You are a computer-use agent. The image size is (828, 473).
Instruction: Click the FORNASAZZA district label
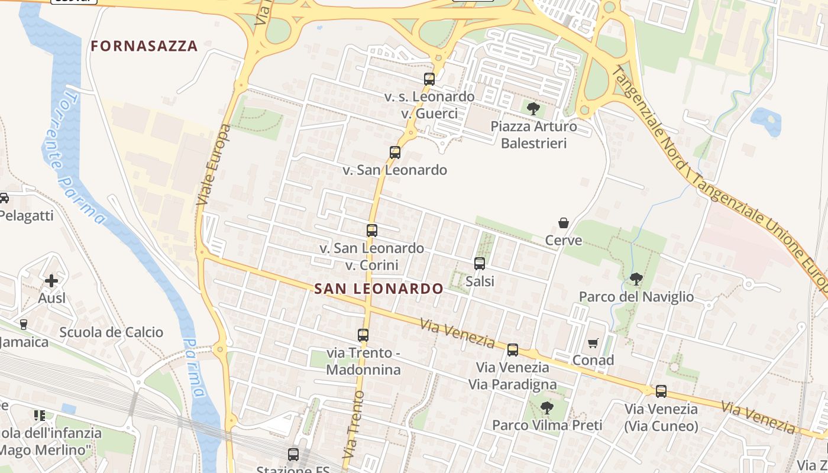[x=144, y=46]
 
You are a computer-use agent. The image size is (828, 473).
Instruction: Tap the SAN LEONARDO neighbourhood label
[x=379, y=289]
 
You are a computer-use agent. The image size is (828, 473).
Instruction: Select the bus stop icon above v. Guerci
[x=429, y=79]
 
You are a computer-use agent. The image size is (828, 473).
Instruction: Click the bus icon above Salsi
[x=480, y=263]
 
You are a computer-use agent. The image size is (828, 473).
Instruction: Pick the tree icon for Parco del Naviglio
[x=636, y=278]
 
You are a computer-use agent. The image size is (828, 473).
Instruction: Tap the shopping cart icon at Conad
[x=593, y=343]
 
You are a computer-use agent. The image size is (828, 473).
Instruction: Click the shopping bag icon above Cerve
[x=564, y=223]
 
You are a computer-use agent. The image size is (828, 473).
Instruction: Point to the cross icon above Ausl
[x=51, y=280]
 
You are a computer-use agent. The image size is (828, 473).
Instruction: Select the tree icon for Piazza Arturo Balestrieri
[x=533, y=109]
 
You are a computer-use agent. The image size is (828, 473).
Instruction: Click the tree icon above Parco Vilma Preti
[x=547, y=407]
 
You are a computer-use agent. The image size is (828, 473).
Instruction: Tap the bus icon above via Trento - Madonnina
[x=363, y=335]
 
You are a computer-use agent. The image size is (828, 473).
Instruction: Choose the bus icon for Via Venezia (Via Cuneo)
[x=661, y=391]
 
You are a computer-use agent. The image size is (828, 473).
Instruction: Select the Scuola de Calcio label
[x=111, y=332]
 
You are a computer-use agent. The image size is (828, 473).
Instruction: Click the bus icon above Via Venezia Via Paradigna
[x=513, y=349]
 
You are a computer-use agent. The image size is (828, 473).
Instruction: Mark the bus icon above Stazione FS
[x=293, y=455]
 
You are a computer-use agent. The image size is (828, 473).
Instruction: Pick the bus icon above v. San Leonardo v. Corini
[x=372, y=231]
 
